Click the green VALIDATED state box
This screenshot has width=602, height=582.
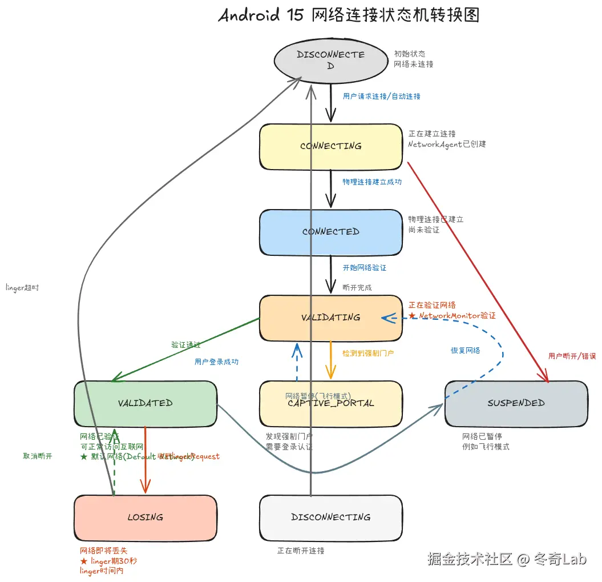pos(146,403)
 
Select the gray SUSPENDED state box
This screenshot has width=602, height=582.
pos(516,403)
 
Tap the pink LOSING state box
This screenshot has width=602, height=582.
pos(146,517)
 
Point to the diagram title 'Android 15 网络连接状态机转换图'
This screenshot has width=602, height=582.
pos(349,15)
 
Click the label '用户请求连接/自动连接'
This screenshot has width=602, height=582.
pos(381,97)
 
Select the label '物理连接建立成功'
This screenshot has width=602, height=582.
pos(372,182)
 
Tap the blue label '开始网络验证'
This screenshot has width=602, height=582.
pos(364,267)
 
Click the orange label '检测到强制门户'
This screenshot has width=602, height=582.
pos(368,354)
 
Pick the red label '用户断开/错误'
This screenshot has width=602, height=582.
pos(572,356)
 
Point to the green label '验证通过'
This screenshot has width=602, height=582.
pos(186,345)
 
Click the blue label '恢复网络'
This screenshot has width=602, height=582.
pos(465,350)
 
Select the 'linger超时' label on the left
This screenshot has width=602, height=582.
pos(22,287)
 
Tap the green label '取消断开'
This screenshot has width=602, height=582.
pos(38,456)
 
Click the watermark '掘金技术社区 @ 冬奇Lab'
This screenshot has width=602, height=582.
pos(507,559)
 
